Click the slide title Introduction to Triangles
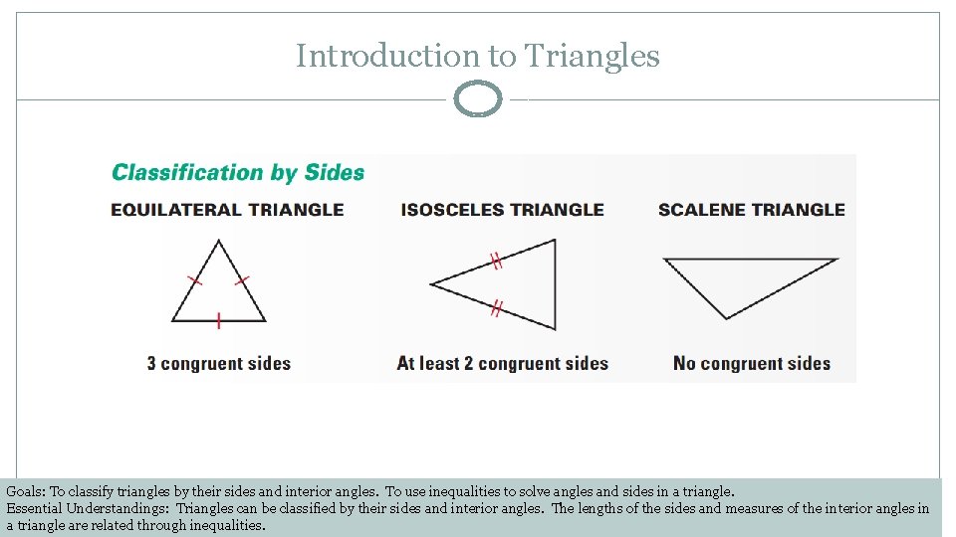(x=477, y=56)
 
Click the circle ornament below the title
(x=478, y=99)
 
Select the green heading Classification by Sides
(x=238, y=173)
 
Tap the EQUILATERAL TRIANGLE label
(x=227, y=210)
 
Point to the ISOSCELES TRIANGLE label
(x=502, y=210)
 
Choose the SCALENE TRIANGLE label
(x=751, y=210)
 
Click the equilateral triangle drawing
(x=219, y=293)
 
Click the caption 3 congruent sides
(x=219, y=363)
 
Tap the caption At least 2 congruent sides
(x=502, y=363)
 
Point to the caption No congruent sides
(x=751, y=363)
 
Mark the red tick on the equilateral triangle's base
(x=218, y=320)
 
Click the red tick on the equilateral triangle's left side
(x=195, y=280)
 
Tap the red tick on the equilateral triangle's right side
(x=242, y=280)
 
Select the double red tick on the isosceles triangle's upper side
(x=495, y=262)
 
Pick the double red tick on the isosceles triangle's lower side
(x=495, y=308)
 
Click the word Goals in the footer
(x=26, y=491)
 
